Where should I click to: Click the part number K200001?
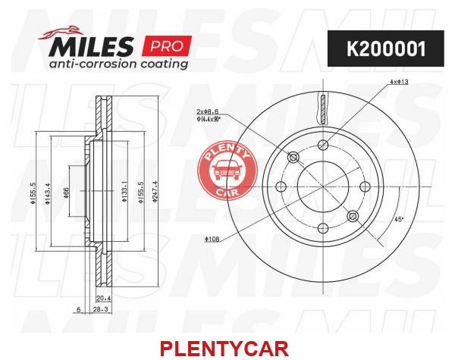point(386,49)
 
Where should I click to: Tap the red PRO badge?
point(167,45)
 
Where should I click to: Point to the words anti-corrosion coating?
point(118,64)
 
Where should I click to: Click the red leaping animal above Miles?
point(61,33)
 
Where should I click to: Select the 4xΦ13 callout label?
point(399,82)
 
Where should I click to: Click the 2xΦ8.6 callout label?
point(208,111)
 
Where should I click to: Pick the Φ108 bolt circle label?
point(212,239)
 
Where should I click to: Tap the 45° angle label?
point(399,220)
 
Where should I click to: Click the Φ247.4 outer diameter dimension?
point(155,192)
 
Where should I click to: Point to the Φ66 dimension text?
point(66,193)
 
